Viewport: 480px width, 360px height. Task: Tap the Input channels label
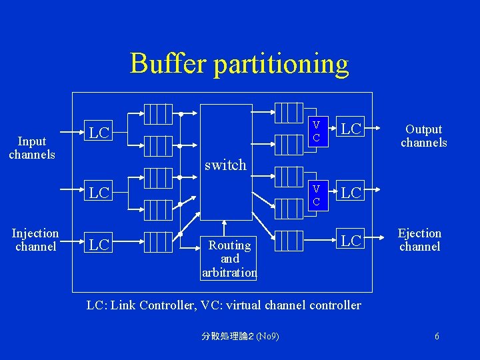[32, 147]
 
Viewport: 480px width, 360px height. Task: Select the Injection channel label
[35, 239]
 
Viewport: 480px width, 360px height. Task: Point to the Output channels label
[423, 135]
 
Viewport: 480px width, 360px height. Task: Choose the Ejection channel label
[419, 239]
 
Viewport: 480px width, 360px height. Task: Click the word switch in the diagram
[225, 165]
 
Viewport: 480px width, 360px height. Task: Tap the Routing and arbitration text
[229, 259]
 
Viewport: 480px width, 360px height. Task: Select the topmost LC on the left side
[99, 133]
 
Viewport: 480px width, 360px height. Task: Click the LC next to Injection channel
[99, 245]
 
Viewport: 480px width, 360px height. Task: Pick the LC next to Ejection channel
[351, 240]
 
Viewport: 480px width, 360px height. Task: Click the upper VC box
[316, 131]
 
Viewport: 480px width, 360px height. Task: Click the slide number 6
[437, 336]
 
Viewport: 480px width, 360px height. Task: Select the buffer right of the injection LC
[159, 241]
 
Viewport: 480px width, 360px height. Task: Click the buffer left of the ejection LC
[289, 240]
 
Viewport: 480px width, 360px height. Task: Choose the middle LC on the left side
[99, 193]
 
